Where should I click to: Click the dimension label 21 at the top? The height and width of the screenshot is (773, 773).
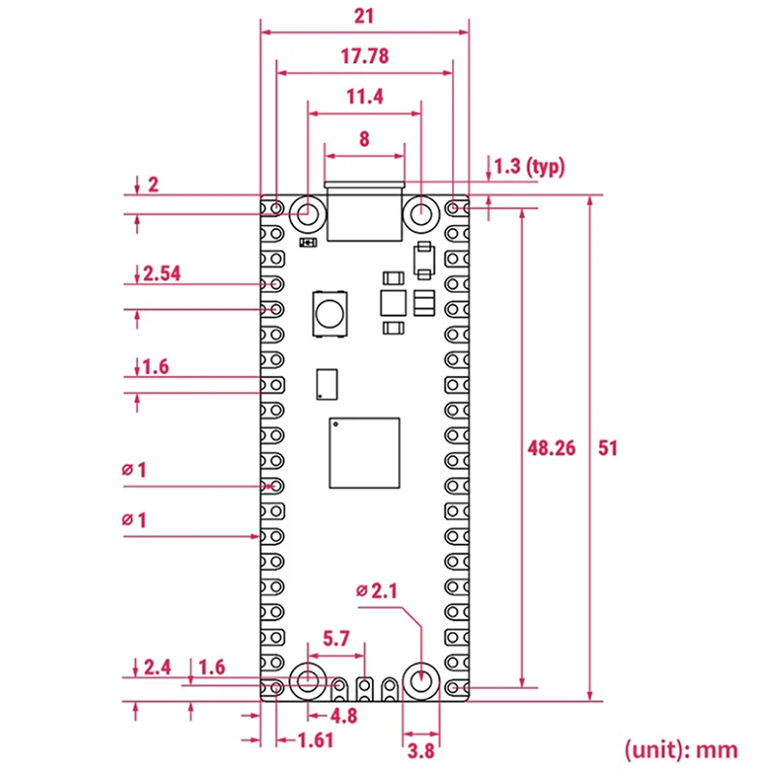364,16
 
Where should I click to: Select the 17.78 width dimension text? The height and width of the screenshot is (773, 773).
364,56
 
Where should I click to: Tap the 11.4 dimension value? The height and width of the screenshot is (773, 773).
364,97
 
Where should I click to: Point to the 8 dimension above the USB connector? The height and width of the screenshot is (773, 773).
364,138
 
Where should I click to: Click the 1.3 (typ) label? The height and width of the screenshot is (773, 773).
528,166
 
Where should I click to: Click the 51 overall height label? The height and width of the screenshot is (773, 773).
608,447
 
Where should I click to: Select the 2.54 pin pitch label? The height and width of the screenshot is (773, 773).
161,273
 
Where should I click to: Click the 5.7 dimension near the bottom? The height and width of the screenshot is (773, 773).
336,639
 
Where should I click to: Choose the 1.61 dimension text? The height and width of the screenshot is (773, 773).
311,741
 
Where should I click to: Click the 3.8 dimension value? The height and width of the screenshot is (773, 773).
420,750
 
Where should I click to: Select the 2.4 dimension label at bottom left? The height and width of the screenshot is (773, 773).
157,666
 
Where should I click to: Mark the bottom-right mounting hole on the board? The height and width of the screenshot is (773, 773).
420,680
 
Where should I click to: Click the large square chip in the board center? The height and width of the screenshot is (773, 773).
364,454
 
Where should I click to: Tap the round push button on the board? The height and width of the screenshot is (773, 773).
329,313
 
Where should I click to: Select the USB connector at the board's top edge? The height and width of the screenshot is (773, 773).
364,213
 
